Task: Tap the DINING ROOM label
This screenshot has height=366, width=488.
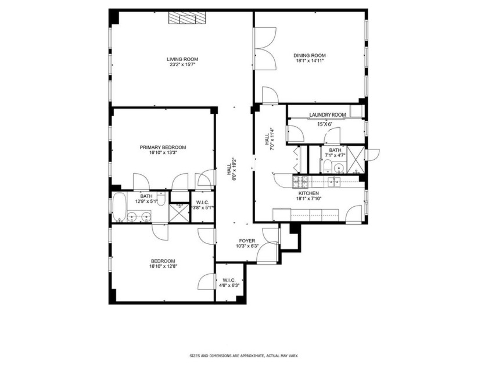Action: click(x=308, y=56)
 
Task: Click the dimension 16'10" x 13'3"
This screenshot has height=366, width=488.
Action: click(x=163, y=153)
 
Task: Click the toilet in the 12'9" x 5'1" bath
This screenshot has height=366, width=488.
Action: click(x=162, y=200)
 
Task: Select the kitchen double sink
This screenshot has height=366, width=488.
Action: click(x=334, y=181)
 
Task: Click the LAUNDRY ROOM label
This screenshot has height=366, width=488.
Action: click(x=327, y=115)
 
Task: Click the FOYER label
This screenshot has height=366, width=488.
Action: click(x=247, y=240)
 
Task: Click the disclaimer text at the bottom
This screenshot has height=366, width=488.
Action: click(x=243, y=356)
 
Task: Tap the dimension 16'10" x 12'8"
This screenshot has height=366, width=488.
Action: click(x=163, y=267)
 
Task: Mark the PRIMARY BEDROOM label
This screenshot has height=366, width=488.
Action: click(x=163, y=147)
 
